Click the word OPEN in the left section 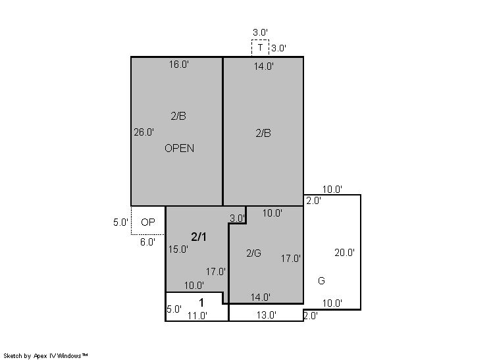pyautogui.click(x=180, y=148)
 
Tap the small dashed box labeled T pyautogui.click(x=260, y=48)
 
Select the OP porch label pyautogui.click(x=148, y=222)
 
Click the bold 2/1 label pyautogui.click(x=199, y=237)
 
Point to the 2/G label pyautogui.click(x=253, y=253)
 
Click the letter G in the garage pyautogui.click(x=321, y=281)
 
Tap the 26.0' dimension pyautogui.click(x=144, y=132)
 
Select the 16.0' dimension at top pyautogui.click(x=179, y=64)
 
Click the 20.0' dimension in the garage pyautogui.click(x=344, y=253)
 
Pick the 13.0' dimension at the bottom pyautogui.click(x=267, y=315)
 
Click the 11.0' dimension pyautogui.click(x=197, y=316)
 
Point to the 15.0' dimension pyautogui.click(x=178, y=249)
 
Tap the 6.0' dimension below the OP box pyautogui.click(x=148, y=242)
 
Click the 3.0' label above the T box pyautogui.click(x=261, y=32)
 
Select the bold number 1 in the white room pyautogui.click(x=201, y=303)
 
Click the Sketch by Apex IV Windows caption pyautogui.click(x=45, y=356)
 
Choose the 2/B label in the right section pyautogui.click(x=263, y=134)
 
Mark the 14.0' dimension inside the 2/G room pyautogui.click(x=261, y=297)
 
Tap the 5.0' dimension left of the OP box pyautogui.click(x=121, y=222)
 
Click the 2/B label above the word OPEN pyautogui.click(x=178, y=116)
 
